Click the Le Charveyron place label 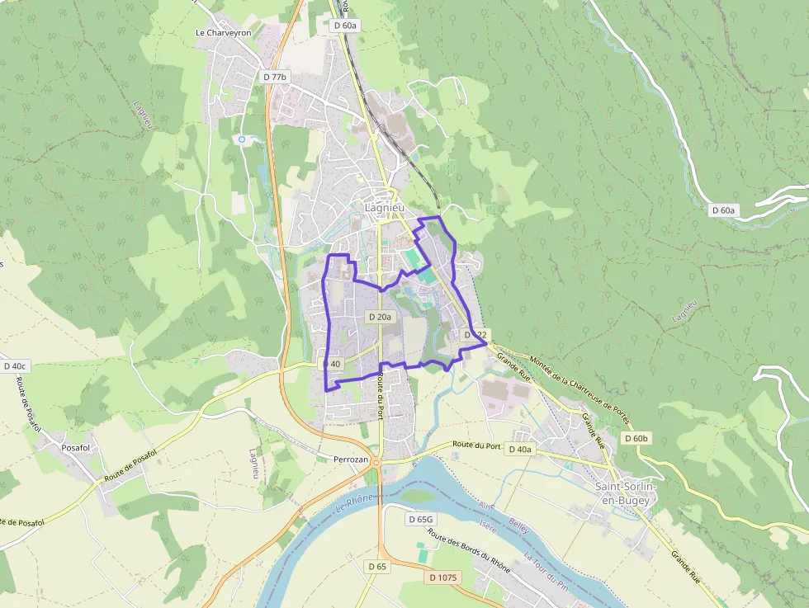point(222,33)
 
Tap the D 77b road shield point(276,77)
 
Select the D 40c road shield point(16,365)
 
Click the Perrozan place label point(351,459)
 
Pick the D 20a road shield point(381,316)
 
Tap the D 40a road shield point(520,449)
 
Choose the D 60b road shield point(636,438)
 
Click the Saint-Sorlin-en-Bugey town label point(626,493)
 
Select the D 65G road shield point(420,520)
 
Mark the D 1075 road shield point(443,577)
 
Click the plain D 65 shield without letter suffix point(376,567)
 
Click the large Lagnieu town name point(385,208)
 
